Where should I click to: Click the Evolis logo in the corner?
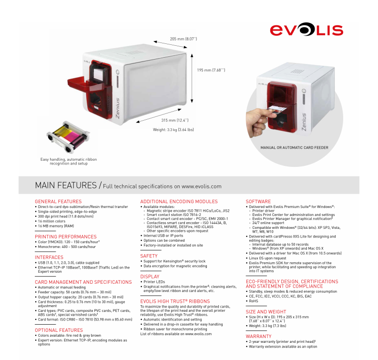coord(306,30)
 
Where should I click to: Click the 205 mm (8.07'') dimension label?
coord(184,39)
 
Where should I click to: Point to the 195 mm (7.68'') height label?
coord(211,70)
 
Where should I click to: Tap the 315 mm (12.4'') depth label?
coord(175,120)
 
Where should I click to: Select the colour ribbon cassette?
coord(68,137)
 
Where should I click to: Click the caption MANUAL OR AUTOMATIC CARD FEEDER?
coord(295,147)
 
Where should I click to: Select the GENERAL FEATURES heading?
coord(58,202)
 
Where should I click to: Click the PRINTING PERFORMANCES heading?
coord(66,237)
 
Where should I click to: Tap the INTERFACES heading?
coord(49,257)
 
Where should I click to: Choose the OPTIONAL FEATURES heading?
coord(59,330)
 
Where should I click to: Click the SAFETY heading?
coord(149,256)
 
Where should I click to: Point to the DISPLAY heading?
coord(150,277)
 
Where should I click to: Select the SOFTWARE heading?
coord(258,202)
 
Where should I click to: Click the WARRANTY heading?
coord(258,336)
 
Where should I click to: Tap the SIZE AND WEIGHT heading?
coord(266,312)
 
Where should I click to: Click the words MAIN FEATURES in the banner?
coord(66,185)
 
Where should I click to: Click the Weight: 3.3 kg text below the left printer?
coord(174,130)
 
